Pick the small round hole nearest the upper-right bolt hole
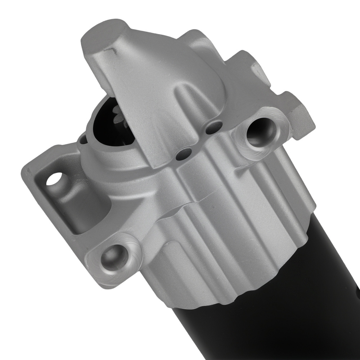point(215,127)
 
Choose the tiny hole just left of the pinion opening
point(84,137)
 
